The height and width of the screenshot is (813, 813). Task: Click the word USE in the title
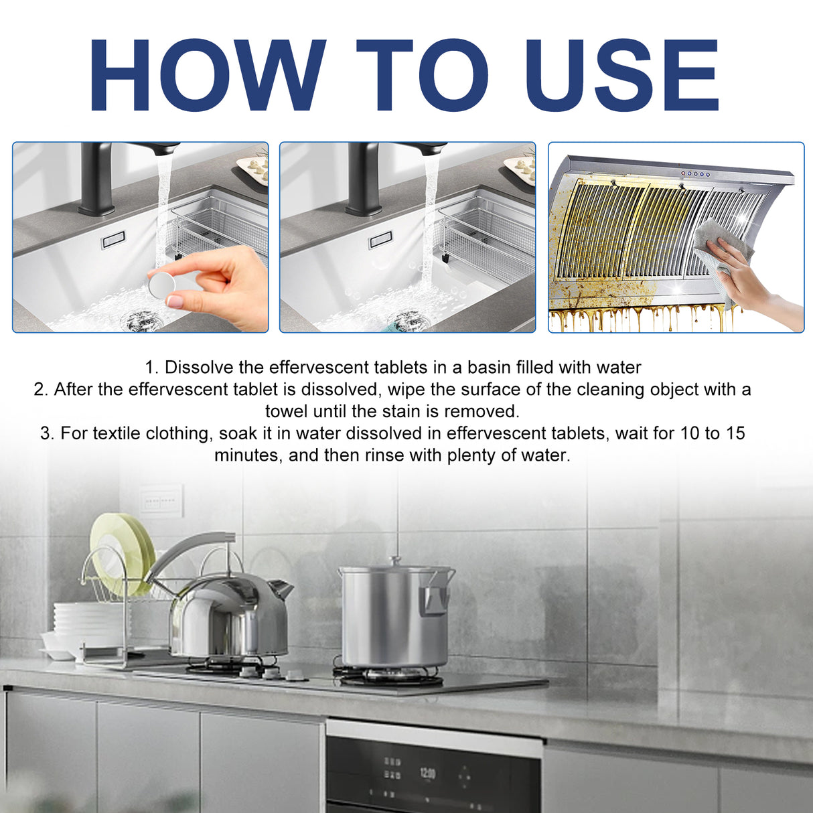pyautogui.click(x=623, y=75)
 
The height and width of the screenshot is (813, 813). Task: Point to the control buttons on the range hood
pyautogui.click(x=695, y=174)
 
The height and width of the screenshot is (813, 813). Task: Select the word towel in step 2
pyautogui.click(x=287, y=411)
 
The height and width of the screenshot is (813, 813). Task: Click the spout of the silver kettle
pyautogui.click(x=282, y=589)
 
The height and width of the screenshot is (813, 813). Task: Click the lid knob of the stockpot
pyautogui.click(x=396, y=561)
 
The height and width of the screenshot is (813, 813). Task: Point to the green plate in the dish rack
pyautogui.click(x=121, y=552)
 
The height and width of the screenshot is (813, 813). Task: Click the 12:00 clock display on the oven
pyautogui.click(x=427, y=774)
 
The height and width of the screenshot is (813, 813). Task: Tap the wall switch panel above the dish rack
pyautogui.click(x=161, y=501)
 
